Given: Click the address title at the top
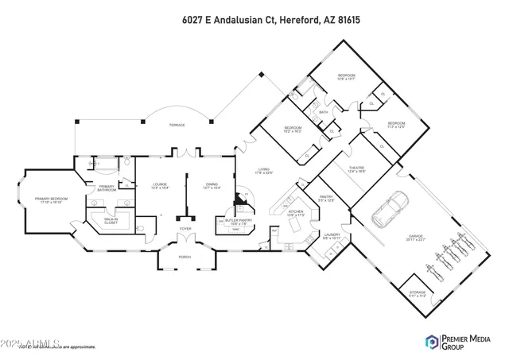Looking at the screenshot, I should pos(254,17).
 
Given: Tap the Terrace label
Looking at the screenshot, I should pos(176,126).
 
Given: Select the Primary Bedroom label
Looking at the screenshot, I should pos(47,200).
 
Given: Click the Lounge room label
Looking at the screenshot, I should pos(160,186).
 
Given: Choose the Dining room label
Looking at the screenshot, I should pos(211,186).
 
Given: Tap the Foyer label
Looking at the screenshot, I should pos(185,229).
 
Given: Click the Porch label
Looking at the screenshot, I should pos(185,256).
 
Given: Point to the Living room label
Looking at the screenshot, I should pos(262,171).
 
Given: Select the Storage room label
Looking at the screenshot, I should pos(417,293).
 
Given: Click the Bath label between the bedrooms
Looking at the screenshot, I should pos(324,113).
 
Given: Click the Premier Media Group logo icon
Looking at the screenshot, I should pos(432,343).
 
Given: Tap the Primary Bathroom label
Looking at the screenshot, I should pos(107,189).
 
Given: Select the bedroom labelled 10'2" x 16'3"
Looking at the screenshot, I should pos(293,129).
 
